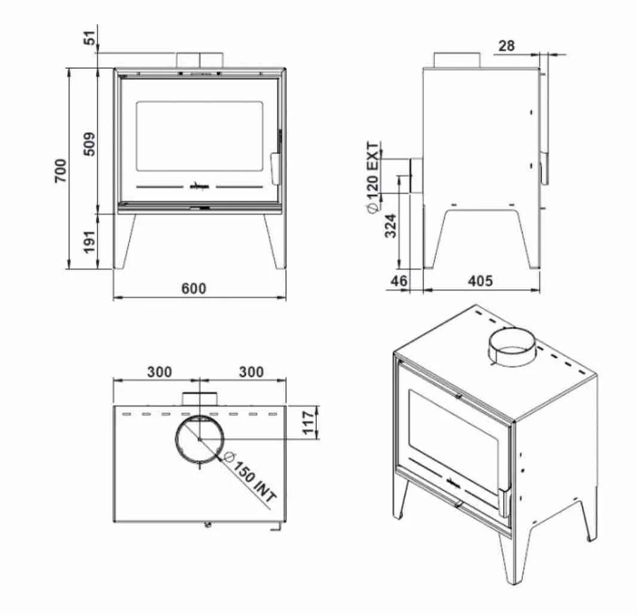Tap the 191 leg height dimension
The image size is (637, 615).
tap(90, 241)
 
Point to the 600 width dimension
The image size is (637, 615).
tap(194, 288)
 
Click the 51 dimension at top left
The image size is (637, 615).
tap(90, 39)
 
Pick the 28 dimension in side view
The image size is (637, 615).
tap(506, 45)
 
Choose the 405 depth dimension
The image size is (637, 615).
tap(480, 280)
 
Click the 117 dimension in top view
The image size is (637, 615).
tap(309, 423)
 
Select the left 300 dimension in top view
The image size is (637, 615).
tap(160, 372)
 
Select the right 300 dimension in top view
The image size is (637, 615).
tap(251, 372)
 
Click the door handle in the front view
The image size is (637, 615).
tap(275, 169)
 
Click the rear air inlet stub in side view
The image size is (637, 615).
tap(416, 176)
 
